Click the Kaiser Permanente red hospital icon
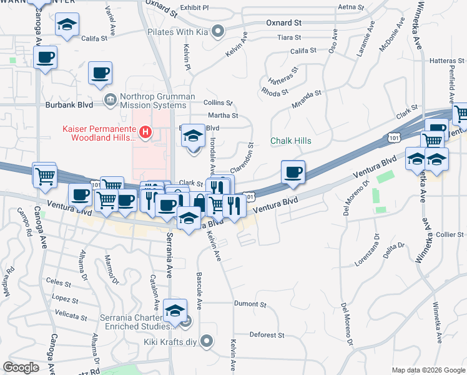coord(145,131)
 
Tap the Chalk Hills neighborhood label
coord(290,141)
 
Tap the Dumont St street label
coord(250,304)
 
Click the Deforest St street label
coord(267,335)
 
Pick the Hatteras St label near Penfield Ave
coord(447,61)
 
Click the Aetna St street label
coord(350,7)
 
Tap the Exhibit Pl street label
coord(195,7)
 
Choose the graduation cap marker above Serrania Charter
coord(175,309)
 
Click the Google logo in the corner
coord(21,367)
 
